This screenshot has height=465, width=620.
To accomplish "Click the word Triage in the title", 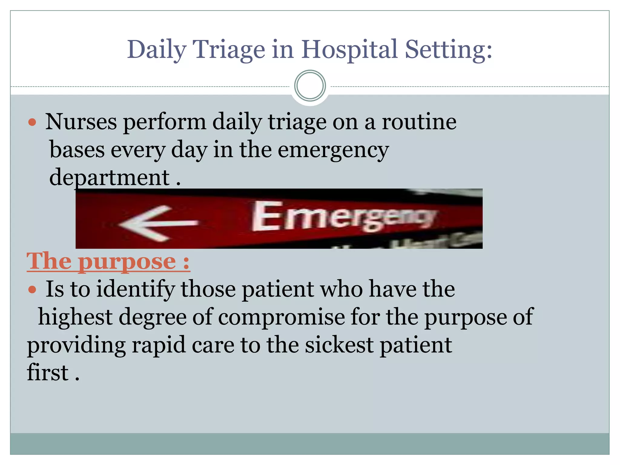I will (229, 50).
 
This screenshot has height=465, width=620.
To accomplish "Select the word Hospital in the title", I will (349, 50).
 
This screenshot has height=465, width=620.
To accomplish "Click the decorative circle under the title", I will (310, 86).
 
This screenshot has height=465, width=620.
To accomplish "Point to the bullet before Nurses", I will (32, 123).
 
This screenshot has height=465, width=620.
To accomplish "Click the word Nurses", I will (81, 122).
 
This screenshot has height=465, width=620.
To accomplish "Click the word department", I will (109, 178).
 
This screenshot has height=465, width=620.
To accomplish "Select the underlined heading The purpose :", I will (108, 261).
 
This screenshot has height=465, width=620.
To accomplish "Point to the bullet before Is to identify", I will (32, 290).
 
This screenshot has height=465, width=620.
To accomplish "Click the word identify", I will (136, 289).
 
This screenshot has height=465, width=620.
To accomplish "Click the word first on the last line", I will (48, 373).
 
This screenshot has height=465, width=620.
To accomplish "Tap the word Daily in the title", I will (156, 50).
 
